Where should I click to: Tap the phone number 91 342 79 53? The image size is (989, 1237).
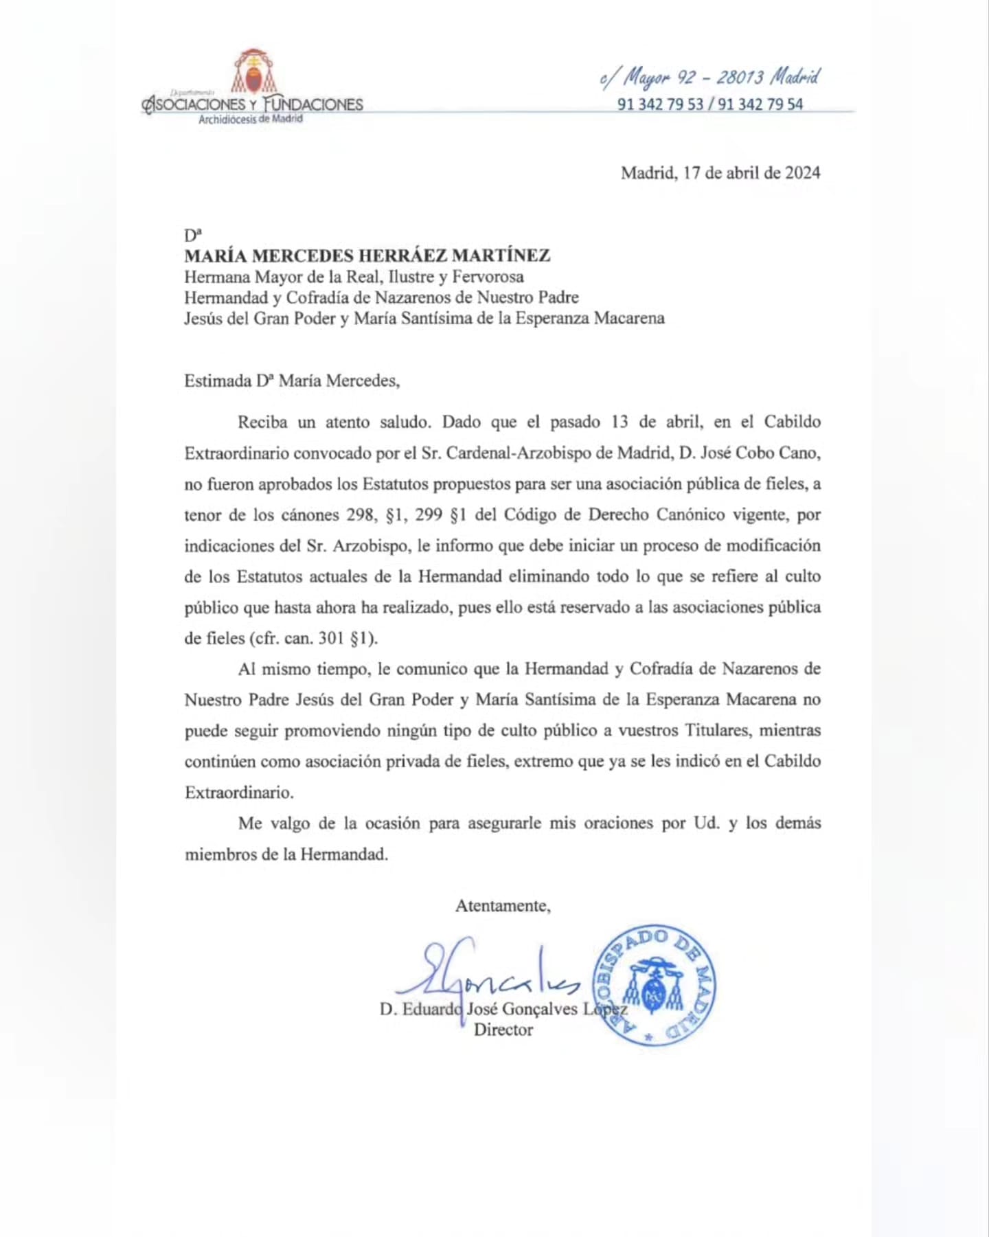pos(660,104)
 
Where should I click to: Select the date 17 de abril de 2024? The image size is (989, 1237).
pos(751,172)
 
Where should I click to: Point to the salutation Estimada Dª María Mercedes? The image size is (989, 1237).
pos(292,381)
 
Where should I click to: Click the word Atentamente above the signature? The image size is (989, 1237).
pos(503,906)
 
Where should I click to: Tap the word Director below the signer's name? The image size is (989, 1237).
pos(503,1030)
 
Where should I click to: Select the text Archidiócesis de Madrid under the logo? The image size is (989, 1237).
pos(251,120)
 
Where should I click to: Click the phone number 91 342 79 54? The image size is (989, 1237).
pos(760,104)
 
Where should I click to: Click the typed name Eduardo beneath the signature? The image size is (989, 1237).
pos(432,1009)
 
